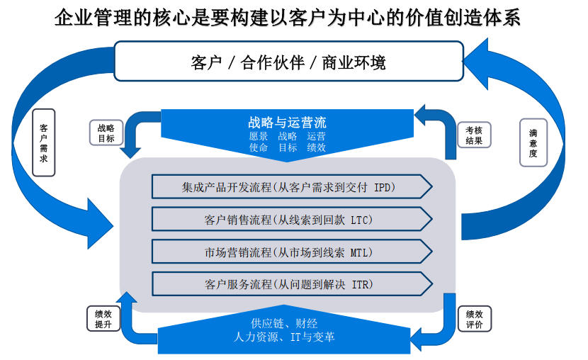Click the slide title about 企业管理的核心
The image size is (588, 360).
pyautogui.click(x=287, y=18)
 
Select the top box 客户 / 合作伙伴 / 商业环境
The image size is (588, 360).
pyautogui.click(x=289, y=61)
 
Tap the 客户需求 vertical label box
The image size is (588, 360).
pyautogui.click(x=44, y=142)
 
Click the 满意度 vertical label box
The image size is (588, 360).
pyautogui.click(x=533, y=143)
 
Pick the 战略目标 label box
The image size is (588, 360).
pyautogui.click(x=106, y=133)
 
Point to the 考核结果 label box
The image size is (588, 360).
pyautogui.click(x=474, y=135)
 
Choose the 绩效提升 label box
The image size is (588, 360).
pyautogui.click(x=103, y=319)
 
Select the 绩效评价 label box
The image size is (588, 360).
pyautogui.click(x=475, y=319)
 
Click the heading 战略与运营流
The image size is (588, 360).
pyautogui.click(x=287, y=123)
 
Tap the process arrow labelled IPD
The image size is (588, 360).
pyautogui.click(x=292, y=187)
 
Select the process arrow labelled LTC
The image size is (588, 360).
pyautogui.click(x=292, y=220)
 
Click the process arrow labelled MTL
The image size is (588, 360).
pyautogui.click(x=292, y=252)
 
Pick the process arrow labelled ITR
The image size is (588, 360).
pyautogui.click(x=292, y=284)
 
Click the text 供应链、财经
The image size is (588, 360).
pyautogui.click(x=284, y=323)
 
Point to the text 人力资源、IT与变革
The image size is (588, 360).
pyautogui.click(x=284, y=337)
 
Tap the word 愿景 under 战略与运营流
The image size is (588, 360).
pyautogui.click(x=259, y=136)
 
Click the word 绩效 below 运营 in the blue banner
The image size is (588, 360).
pyautogui.click(x=316, y=147)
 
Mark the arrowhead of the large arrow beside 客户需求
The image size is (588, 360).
pyautogui.click(x=100, y=224)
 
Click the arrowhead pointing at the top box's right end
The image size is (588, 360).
pyautogui.click(x=476, y=63)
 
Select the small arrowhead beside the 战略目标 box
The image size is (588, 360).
pyautogui.click(x=130, y=152)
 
